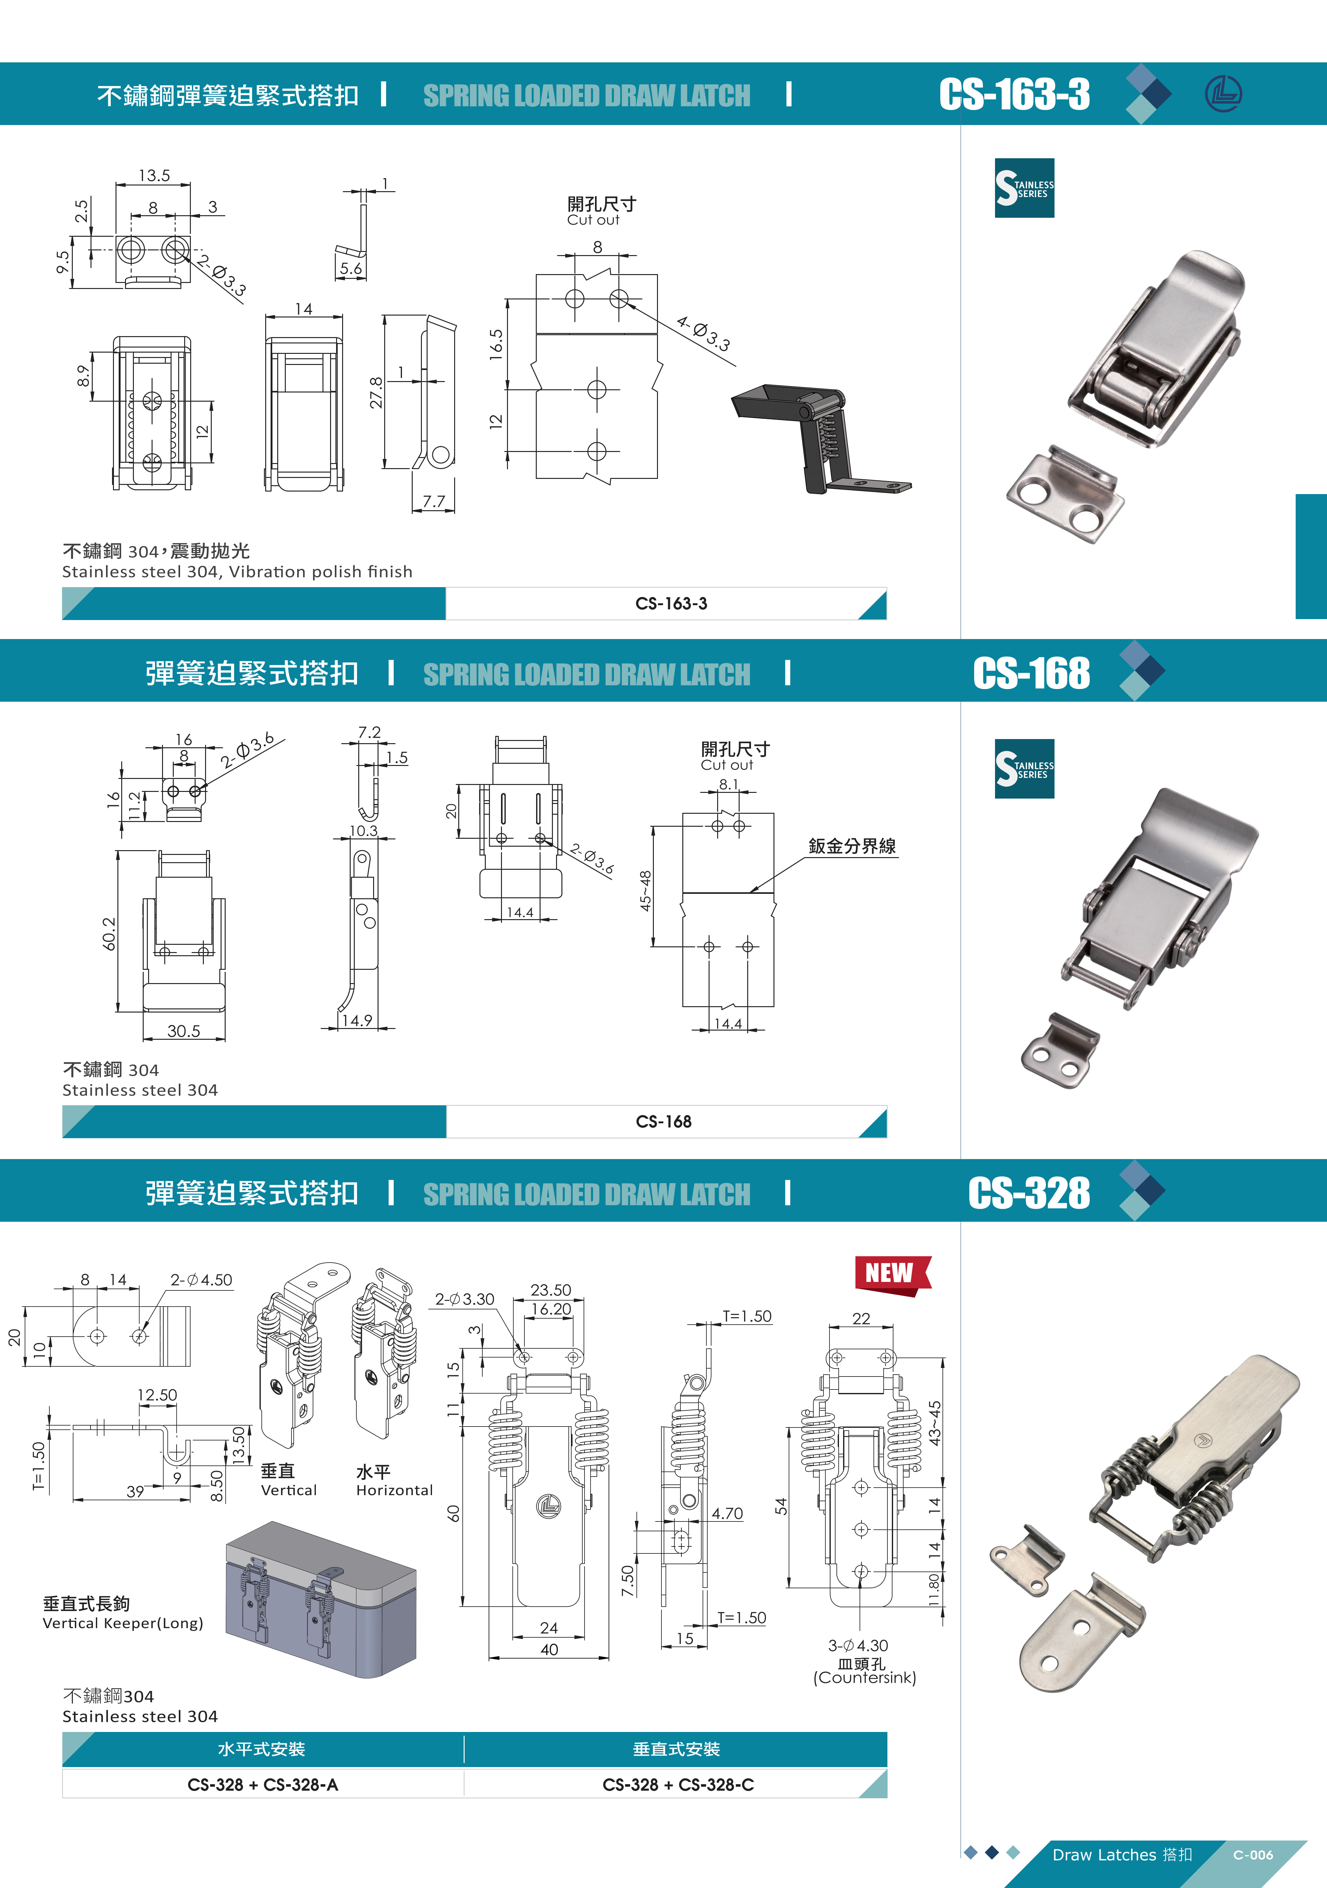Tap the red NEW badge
(x=892, y=1275)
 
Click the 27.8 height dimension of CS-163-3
(x=376, y=392)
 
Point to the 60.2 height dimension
(x=110, y=933)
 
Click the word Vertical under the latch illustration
(x=289, y=1490)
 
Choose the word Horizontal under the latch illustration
(x=395, y=1490)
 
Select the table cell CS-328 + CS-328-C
(x=678, y=1785)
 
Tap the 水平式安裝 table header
(x=261, y=1749)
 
